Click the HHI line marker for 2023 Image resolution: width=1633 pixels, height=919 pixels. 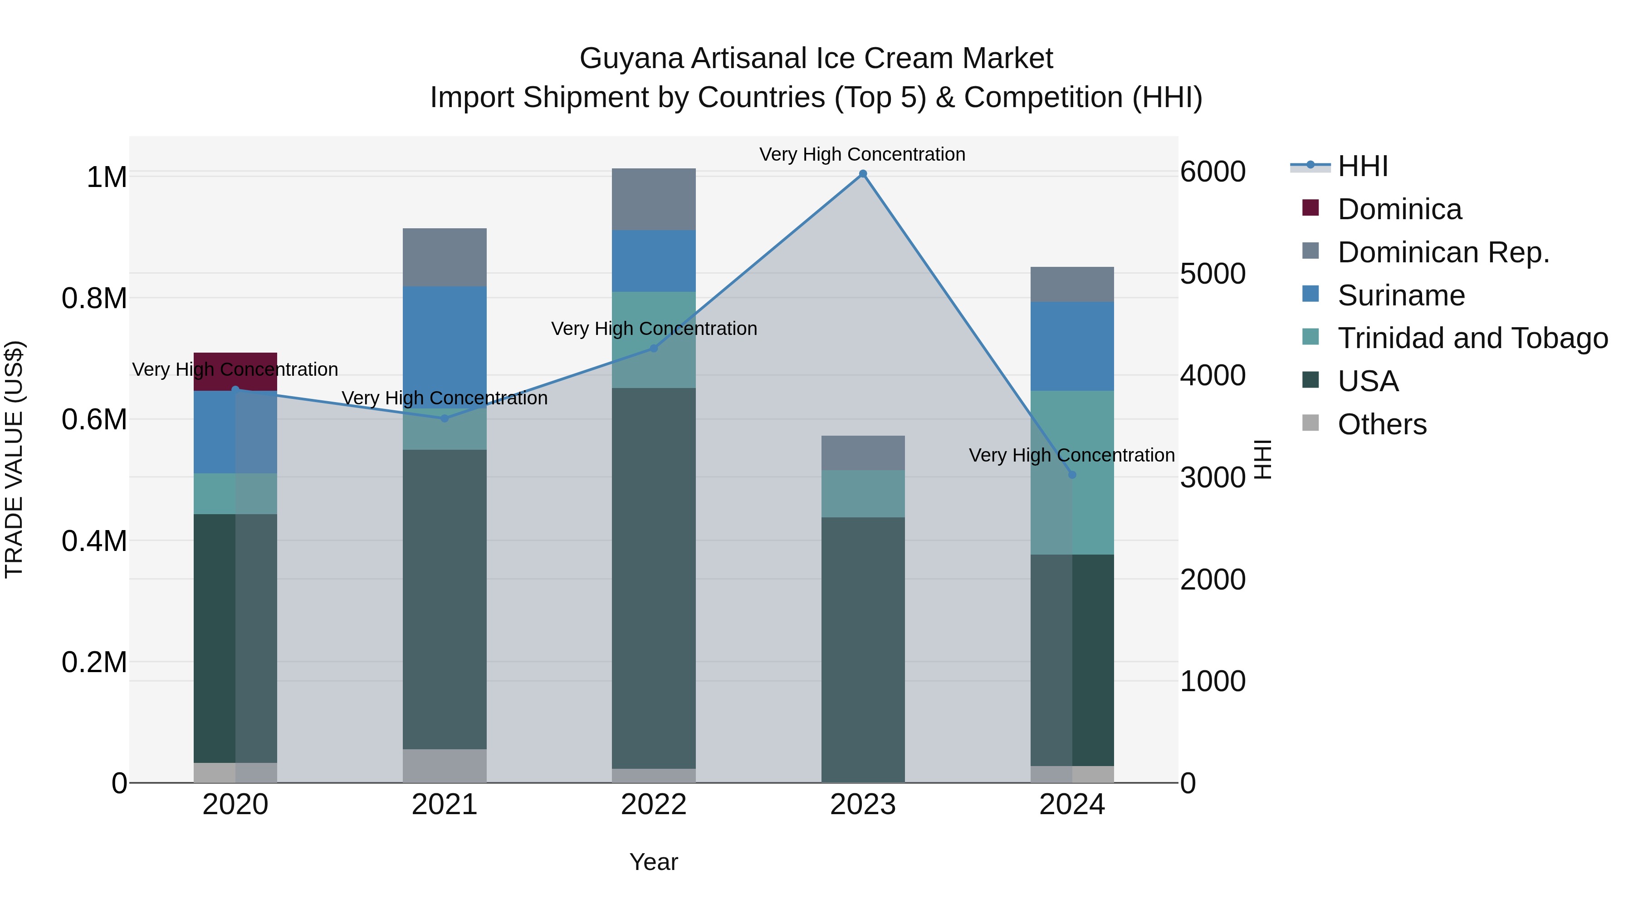(863, 174)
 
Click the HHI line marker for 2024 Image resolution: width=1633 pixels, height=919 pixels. (1072, 474)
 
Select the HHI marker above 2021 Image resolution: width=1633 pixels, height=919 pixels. (445, 418)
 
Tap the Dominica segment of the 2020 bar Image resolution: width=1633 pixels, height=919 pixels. (235, 372)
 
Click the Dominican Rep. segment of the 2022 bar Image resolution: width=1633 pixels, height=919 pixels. (654, 199)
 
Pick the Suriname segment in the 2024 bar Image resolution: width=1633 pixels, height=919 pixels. (1072, 346)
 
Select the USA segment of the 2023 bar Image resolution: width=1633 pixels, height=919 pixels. (863, 649)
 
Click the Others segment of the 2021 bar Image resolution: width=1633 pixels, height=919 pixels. (445, 766)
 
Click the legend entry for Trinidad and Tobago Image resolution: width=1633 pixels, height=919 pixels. (1472, 338)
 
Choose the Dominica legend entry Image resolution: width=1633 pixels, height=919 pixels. (1399, 209)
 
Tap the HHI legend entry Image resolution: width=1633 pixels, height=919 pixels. (1362, 166)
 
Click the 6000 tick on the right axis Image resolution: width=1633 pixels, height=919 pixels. (1213, 172)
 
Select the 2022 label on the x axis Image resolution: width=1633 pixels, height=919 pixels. (654, 805)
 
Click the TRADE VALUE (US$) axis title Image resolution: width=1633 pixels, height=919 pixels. (14, 459)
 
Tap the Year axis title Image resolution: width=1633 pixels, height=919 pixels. (654, 862)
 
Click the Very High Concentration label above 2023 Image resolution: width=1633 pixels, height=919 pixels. (862, 154)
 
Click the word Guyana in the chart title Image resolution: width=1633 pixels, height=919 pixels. (631, 59)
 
